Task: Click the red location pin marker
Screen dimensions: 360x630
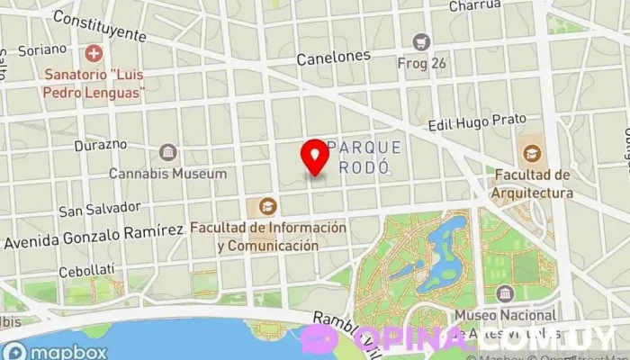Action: [x=315, y=157]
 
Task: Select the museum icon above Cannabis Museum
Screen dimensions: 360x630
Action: [x=167, y=152]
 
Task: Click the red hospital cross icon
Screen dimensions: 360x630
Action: [x=93, y=55]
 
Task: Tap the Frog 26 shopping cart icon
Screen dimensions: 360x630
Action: [x=421, y=41]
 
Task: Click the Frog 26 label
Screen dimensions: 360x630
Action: [x=421, y=62]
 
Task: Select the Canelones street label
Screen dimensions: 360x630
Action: [x=334, y=56]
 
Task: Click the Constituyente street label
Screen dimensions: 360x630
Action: [x=99, y=26]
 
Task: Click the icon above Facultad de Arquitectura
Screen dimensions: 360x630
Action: [x=531, y=152]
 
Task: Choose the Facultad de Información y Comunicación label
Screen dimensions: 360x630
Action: [x=267, y=237]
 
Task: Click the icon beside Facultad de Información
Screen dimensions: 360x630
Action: [x=267, y=207]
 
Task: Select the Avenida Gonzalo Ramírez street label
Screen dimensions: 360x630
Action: [x=94, y=237]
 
